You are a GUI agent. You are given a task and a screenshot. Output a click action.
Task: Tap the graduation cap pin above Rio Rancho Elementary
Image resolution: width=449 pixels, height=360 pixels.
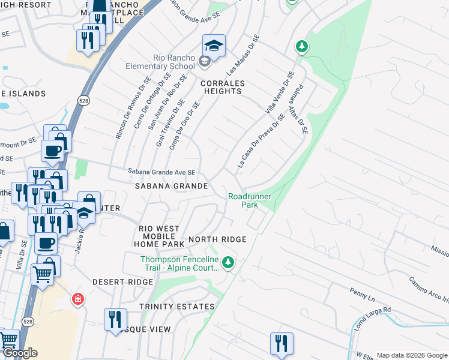214,46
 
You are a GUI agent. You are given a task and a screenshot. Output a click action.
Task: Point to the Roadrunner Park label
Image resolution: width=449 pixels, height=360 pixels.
250,200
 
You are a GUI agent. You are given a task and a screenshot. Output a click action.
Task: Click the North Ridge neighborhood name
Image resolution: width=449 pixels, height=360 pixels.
217,239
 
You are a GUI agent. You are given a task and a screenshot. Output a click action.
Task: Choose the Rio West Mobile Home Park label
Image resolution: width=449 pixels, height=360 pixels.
161,236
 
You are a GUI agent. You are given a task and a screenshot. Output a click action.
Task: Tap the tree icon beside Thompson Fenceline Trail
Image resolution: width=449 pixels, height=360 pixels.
228,262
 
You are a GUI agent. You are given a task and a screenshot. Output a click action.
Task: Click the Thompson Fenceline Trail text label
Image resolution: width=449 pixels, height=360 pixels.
178,263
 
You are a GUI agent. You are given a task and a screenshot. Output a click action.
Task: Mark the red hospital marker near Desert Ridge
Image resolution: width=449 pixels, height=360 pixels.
77,298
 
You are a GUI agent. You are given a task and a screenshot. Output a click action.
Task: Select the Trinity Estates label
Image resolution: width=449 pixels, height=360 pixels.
176,307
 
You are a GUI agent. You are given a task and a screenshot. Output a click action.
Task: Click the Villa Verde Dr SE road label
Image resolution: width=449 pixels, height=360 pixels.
279,92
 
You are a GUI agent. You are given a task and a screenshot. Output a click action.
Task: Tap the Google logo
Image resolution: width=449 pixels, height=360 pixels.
20,353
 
